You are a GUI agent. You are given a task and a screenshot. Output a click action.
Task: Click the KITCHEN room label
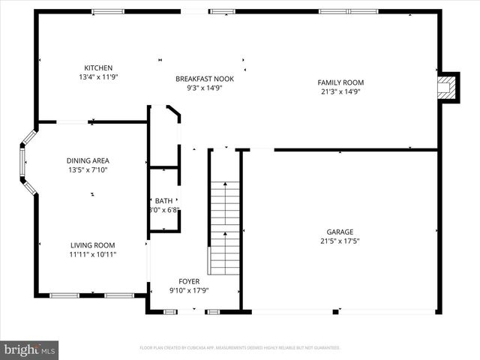click(98, 67)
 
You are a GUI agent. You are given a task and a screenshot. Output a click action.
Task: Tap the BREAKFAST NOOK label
click(199, 78)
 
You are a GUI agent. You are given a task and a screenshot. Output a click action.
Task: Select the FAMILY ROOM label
click(340, 82)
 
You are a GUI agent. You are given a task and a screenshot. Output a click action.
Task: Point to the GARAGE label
click(339, 232)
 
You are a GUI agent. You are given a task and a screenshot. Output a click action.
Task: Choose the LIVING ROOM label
click(93, 245)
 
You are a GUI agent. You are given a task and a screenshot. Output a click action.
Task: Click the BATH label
click(163, 200)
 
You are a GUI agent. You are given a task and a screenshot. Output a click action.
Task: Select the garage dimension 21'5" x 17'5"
click(339, 241)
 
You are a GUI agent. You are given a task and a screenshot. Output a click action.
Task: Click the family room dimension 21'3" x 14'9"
click(340, 92)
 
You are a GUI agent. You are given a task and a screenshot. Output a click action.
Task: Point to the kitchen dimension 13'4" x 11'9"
click(98, 76)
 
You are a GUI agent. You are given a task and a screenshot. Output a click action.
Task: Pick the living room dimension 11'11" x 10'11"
click(93, 255)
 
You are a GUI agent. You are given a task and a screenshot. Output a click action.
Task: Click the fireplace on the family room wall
click(448, 88)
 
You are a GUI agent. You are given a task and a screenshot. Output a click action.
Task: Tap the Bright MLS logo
click(30, 349)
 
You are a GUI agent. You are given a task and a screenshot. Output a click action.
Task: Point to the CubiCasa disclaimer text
click(240, 348)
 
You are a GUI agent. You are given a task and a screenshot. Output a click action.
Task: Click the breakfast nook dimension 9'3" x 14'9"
click(199, 88)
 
